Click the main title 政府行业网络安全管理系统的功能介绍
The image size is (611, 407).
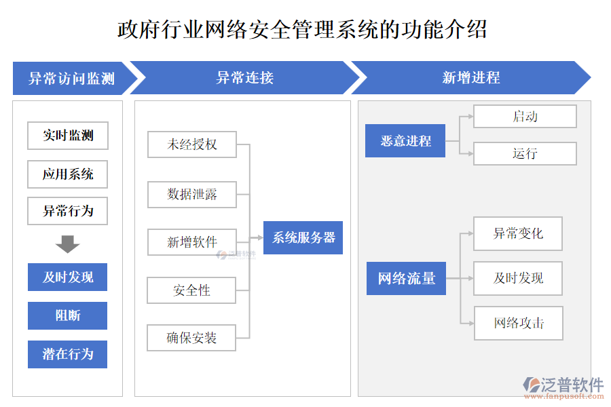(302, 30)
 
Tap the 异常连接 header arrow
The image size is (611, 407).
(244, 78)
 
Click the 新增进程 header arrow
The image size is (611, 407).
(470, 78)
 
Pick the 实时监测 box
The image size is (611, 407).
(68, 136)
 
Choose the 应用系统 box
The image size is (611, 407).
(68, 174)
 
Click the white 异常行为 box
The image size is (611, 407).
(68, 211)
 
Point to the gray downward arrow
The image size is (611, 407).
(68, 244)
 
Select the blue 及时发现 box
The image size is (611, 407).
(68, 277)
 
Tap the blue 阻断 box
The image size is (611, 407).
(68, 315)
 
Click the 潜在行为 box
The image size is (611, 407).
(68, 354)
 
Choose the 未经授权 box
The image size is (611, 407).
(192, 144)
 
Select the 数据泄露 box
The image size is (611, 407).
(192, 194)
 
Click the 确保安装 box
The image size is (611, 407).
(192, 338)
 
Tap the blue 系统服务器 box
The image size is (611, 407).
(303, 238)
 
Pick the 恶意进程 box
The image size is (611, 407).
(405, 141)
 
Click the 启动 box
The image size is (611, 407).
(525, 117)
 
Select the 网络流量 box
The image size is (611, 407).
(406, 278)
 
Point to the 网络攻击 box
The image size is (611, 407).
(518, 324)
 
